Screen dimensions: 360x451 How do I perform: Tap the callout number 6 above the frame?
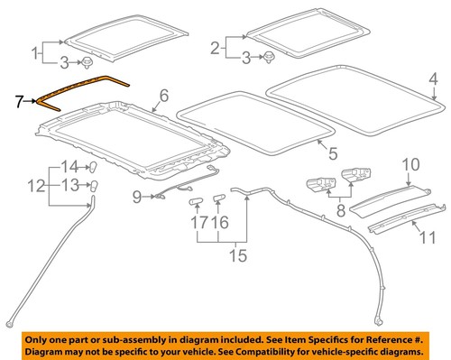click(163, 96)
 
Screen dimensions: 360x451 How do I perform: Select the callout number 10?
click(410, 165)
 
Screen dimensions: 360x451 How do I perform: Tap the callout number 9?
click(137, 196)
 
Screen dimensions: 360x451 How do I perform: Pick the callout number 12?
click(35, 188)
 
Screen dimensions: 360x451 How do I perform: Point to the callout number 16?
click(220, 221)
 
